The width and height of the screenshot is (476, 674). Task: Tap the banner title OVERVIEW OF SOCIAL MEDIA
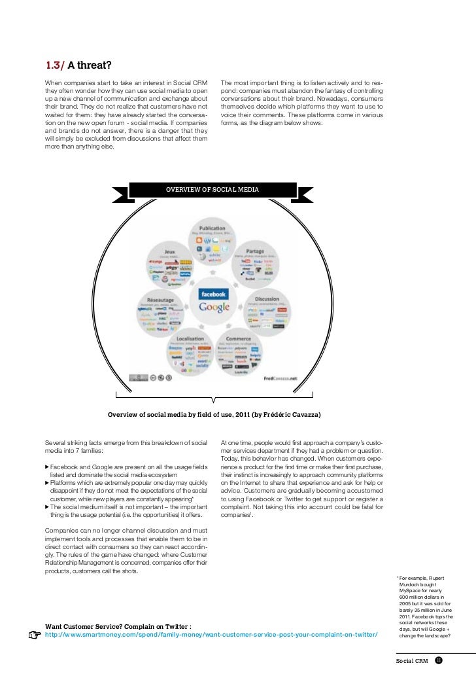coord(212,190)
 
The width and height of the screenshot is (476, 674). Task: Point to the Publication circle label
coord(213,229)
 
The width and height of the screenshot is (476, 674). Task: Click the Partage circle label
coord(256,250)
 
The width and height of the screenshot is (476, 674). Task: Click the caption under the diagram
coord(214,415)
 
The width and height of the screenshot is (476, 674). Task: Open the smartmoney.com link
coord(211,635)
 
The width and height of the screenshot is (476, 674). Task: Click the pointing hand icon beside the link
coord(35,634)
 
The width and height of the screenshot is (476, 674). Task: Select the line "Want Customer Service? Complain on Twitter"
coord(118,626)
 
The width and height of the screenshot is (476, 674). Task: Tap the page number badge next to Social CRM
coord(439,661)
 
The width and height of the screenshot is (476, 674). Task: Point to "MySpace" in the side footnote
coord(413,590)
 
